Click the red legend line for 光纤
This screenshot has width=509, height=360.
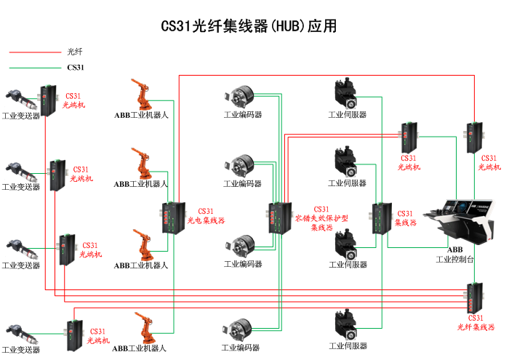[x=33, y=52]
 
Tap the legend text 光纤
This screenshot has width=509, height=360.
[x=75, y=52]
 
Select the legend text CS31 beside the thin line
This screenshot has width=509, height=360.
[x=76, y=68]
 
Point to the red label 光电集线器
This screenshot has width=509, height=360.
[x=207, y=220]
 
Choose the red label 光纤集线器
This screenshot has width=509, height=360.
[x=476, y=327]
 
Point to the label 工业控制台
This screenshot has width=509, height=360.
[x=455, y=259]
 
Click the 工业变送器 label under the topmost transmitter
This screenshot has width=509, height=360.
[x=21, y=116]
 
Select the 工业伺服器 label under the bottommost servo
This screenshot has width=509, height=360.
[x=348, y=345]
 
